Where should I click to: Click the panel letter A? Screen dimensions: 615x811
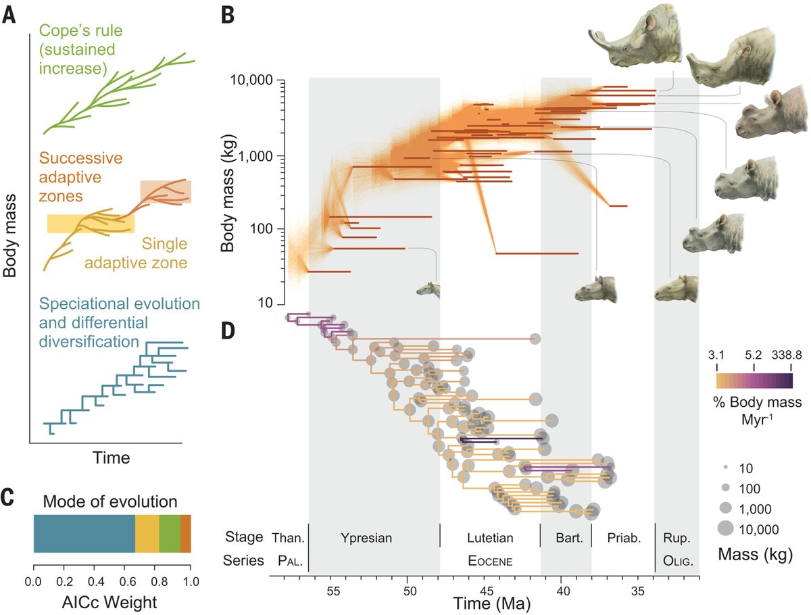pos(9,15)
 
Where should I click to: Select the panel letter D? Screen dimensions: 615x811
pos(230,330)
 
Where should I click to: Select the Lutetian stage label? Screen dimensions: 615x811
pos(490,539)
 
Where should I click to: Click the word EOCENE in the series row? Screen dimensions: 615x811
pos(491,561)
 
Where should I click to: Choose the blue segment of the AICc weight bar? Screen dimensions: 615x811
pos(84,533)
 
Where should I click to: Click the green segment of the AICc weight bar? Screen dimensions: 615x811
pos(170,533)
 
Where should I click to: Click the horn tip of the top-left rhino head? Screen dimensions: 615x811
pos(593,34)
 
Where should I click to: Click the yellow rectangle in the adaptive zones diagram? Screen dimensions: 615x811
pos(90,224)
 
